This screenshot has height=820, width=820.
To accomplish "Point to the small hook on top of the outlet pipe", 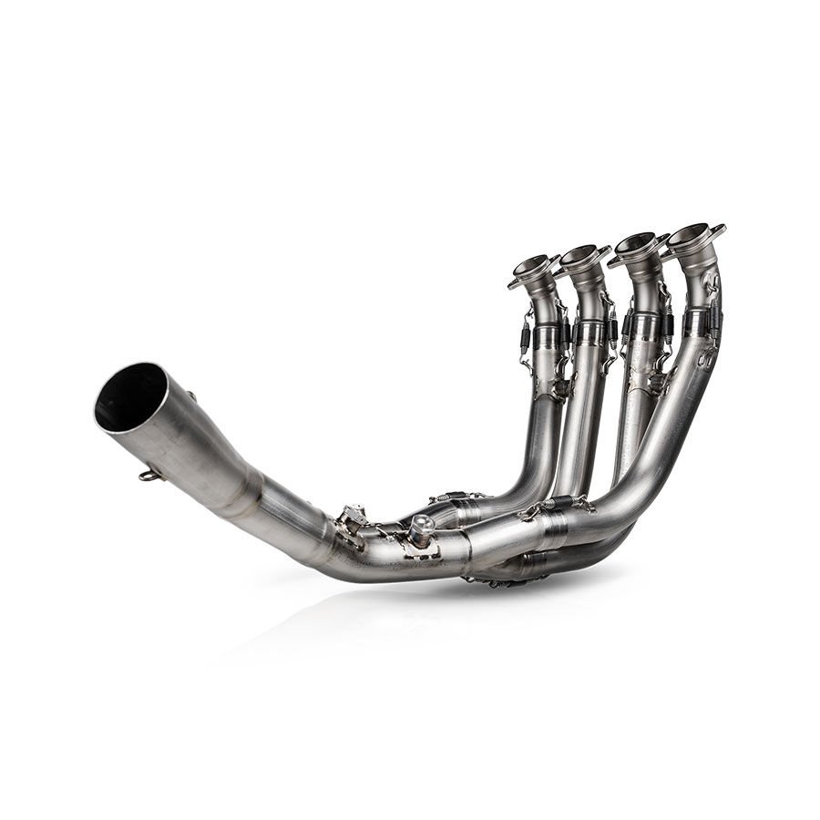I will (192, 396).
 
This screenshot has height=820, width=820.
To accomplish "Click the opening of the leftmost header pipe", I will (532, 267).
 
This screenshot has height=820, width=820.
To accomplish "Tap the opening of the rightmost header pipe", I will (691, 232).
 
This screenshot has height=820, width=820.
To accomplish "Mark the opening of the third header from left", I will (637, 242).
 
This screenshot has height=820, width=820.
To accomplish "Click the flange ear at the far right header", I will (717, 229).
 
